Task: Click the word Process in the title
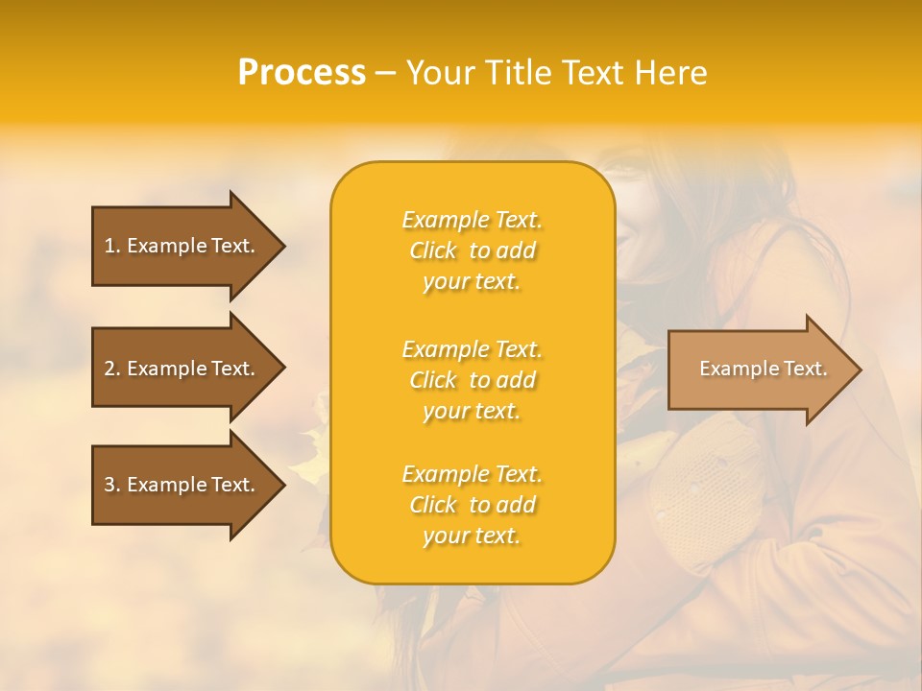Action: point(302,73)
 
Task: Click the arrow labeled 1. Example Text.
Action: point(182,246)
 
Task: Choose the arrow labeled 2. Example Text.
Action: point(182,369)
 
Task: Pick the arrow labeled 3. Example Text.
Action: point(182,485)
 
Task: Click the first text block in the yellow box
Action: point(472,250)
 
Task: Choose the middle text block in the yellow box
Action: point(472,380)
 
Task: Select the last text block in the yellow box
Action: point(472,505)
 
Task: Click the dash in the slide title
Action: point(385,74)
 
